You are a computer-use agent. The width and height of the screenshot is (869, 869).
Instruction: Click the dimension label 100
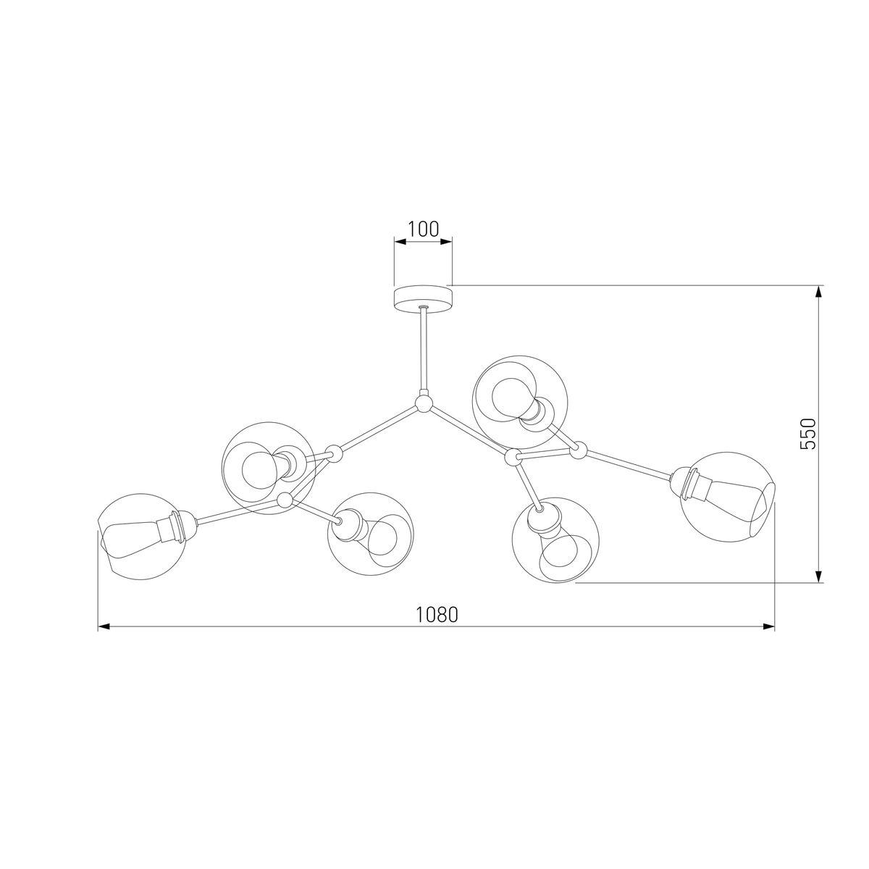click(423, 230)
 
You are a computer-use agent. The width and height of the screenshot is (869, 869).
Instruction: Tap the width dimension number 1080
click(437, 615)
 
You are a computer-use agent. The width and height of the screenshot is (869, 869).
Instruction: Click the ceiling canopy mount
click(422, 297)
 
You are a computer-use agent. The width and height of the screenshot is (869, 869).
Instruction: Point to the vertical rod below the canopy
click(423, 351)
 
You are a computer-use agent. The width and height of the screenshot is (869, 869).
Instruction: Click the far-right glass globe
click(726, 495)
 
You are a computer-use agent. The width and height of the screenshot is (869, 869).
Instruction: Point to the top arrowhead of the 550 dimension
click(818, 291)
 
